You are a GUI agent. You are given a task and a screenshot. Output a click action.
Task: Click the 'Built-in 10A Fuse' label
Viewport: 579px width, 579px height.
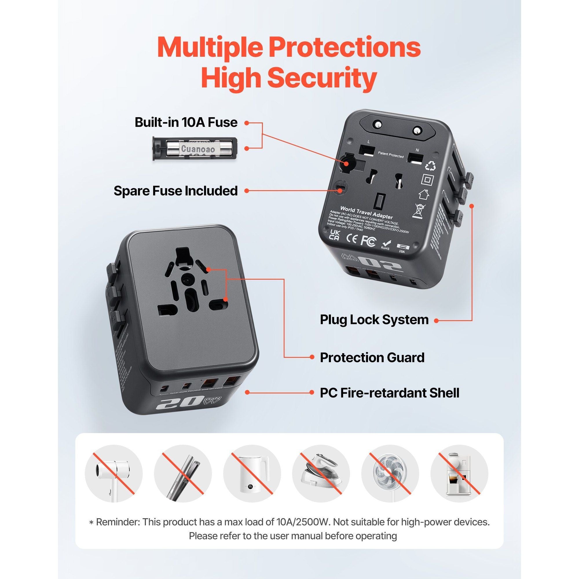186,122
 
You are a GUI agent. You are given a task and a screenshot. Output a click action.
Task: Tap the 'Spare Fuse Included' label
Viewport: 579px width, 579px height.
176,190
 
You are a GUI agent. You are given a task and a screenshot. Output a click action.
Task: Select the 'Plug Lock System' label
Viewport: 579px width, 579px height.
374,320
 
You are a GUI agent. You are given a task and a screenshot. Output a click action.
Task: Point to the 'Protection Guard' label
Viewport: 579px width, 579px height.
372,357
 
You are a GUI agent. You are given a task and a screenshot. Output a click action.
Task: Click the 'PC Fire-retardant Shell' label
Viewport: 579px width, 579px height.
389,393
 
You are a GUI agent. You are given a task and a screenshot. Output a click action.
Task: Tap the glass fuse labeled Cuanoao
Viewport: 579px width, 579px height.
198,149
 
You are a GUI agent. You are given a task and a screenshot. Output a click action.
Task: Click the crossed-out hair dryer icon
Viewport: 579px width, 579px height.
113,474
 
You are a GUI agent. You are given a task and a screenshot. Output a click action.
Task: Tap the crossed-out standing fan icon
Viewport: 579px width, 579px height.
390,474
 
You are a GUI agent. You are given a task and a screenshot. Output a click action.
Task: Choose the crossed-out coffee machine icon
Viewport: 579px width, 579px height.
459,474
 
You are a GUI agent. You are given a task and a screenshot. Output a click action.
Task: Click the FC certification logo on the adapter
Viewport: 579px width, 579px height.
368,241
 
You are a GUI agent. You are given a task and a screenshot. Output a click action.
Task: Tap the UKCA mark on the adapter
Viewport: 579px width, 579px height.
334,235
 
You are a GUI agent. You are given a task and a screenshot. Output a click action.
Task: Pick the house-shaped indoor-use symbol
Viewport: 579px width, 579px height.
424,195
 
